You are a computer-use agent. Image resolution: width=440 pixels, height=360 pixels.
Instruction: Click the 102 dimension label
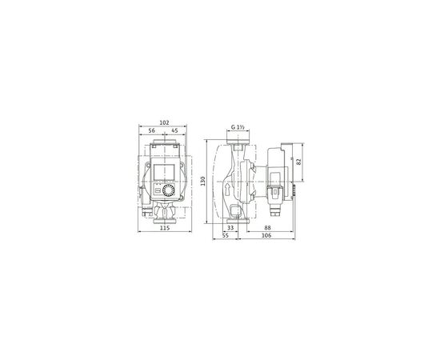tap(165, 122)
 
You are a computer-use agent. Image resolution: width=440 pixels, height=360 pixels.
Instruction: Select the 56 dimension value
tap(151, 130)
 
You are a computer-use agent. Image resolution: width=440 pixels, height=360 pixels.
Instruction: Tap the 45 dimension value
tap(174, 130)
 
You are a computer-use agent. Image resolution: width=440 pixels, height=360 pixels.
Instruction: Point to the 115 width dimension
tap(165, 228)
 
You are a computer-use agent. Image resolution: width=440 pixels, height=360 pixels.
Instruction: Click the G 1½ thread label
tap(238, 127)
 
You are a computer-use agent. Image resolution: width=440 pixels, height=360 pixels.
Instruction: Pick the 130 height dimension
tap(203, 181)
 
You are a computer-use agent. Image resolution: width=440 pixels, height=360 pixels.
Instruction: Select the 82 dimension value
tap(299, 162)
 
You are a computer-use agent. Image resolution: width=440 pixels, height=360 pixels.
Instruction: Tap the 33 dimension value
tap(230, 228)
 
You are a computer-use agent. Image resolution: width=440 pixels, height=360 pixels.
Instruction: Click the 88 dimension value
tap(267, 228)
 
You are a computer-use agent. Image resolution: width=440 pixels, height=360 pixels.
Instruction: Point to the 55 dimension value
tap(226, 235)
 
